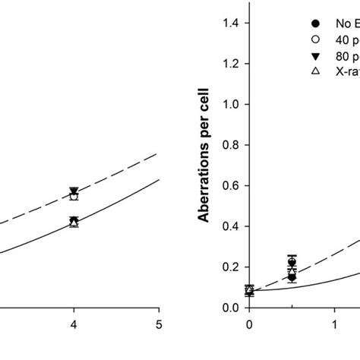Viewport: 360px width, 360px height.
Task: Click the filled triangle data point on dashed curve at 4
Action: point(74,191)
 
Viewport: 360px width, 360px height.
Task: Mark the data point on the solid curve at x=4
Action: point(74,222)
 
